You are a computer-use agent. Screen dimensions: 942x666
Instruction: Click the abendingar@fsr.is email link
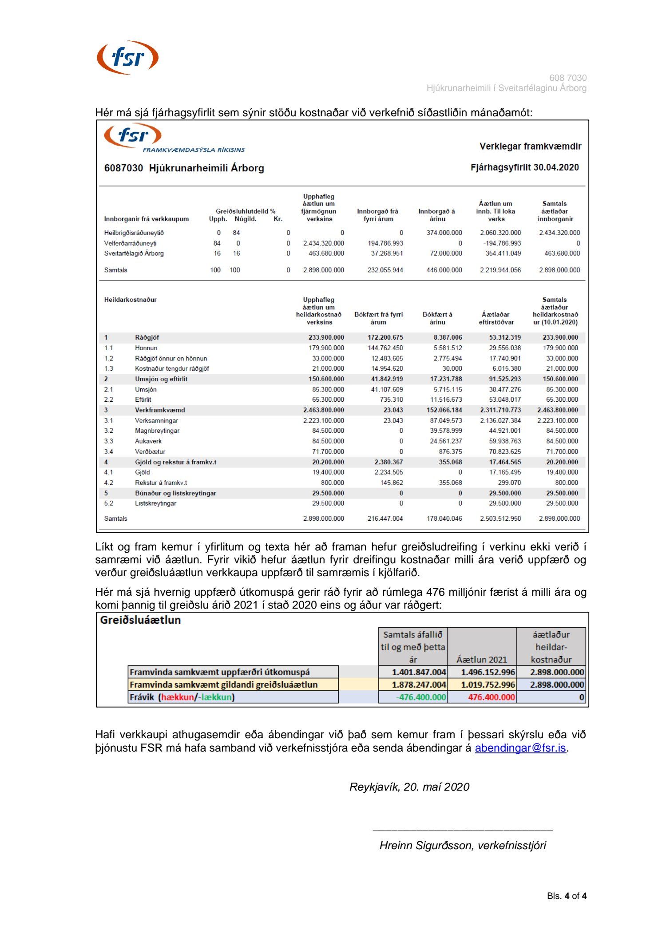coord(520,748)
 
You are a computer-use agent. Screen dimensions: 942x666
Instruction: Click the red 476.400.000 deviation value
coord(492,697)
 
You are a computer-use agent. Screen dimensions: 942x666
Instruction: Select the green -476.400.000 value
coord(421,697)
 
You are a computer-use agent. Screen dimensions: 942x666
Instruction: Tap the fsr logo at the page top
coord(128,58)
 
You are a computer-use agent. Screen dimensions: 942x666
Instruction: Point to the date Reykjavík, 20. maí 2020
coord(409,787)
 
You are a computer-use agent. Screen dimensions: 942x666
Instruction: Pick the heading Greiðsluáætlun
coord(140,620)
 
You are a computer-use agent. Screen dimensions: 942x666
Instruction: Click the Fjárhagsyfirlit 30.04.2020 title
coord(524,167)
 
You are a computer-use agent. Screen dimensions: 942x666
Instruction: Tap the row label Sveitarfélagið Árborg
coord(134,253)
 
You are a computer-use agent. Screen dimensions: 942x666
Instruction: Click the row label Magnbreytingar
coord(157,431)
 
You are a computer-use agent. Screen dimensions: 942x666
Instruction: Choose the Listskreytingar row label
coord(155,503)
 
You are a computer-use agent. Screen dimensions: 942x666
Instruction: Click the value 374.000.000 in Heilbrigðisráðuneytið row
coord(444,233)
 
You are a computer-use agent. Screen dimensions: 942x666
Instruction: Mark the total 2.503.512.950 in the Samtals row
coord(500,518)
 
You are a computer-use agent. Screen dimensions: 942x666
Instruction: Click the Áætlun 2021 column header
coord(481,659)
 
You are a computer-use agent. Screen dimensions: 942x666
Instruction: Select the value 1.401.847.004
coord(419,672)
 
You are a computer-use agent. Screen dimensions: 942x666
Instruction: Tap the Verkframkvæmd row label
coord(160,410)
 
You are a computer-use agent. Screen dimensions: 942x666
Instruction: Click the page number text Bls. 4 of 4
coord(567,896)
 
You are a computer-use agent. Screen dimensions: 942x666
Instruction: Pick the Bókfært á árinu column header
coord(437,318)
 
